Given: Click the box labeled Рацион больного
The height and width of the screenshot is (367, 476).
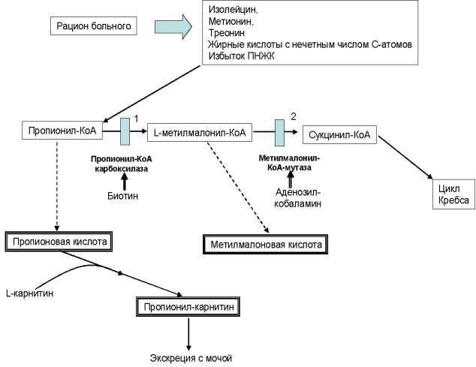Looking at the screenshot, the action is (94, 26).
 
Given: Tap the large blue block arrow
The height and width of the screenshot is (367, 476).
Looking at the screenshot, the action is (173, 27).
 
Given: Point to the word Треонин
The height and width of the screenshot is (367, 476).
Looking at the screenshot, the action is (227, 33).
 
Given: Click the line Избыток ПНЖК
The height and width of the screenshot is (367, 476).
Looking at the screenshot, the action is (241, 56).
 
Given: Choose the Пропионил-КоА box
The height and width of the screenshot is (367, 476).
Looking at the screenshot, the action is (62, 131).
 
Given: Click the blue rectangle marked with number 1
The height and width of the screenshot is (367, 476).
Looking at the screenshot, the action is (125, 131).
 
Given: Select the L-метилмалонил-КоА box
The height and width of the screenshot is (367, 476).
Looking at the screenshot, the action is (200, 133).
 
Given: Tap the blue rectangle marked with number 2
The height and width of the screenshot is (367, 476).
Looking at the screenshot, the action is (279, 133).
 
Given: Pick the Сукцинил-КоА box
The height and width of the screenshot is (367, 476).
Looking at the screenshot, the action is (339, 135).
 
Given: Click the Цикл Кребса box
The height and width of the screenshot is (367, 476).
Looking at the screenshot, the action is (453, 194).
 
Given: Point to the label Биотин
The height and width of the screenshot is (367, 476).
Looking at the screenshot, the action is (122, 196).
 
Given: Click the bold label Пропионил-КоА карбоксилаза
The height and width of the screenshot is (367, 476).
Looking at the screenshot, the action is (122, 164).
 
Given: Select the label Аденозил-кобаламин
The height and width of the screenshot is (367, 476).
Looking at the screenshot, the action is (297, 197).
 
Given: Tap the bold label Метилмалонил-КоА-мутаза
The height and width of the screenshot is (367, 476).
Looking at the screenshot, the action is (289, 163).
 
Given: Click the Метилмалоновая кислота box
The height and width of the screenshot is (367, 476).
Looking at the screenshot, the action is (265, 245).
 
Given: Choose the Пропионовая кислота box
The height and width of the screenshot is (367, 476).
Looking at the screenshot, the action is (59, 242).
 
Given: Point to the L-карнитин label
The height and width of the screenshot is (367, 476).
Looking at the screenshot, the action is (30, 293).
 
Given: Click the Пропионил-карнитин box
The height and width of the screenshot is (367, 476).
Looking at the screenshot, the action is (188, 307).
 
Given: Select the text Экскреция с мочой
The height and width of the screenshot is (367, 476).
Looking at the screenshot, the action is (191, 358).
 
